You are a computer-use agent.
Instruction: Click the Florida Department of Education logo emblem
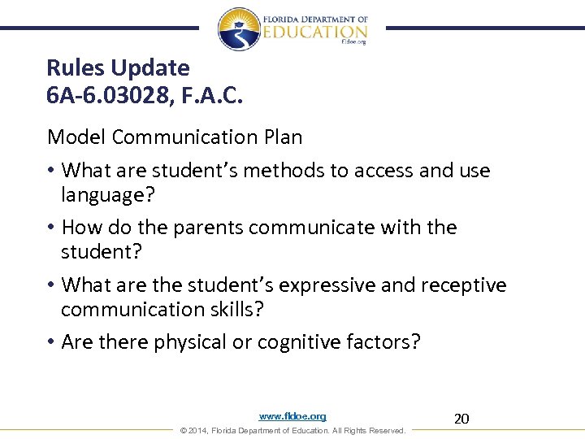[x=238, y=28]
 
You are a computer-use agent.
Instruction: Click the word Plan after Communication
[x=283, y=137]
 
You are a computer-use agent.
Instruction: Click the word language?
[x=108, y=194]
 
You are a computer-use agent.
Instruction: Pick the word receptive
[x=463, y=285]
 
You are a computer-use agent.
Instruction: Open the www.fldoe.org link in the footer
[x=292, y=416]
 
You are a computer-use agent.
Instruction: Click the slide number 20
[x=461, y=419]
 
